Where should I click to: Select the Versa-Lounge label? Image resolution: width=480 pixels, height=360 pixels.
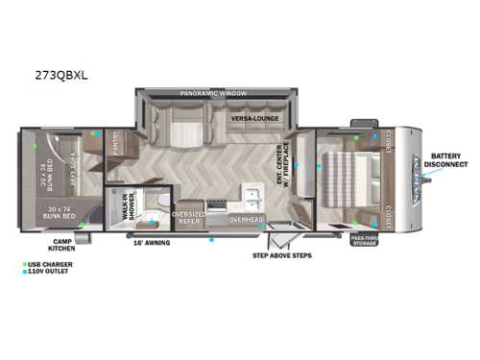tap(253, 119)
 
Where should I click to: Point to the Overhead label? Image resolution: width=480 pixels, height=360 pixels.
tap(246, 220)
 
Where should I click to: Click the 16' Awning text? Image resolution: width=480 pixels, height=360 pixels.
tap(152, 242)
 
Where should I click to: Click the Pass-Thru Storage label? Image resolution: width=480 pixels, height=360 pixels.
tap(362, 239)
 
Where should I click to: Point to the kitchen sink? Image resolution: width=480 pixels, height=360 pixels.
tap(254, 198)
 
